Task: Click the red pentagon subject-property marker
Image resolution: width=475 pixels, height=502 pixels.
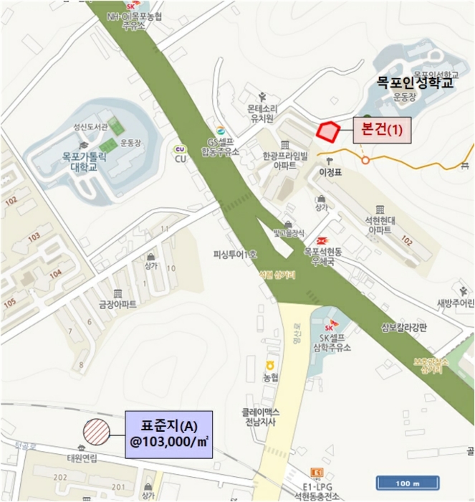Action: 328,132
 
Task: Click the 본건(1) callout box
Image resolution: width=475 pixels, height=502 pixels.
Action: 382,131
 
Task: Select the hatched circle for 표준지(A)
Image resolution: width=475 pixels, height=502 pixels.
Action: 95,432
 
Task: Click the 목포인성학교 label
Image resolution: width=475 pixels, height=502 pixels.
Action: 416,84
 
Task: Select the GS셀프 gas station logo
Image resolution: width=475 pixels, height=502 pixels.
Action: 221,131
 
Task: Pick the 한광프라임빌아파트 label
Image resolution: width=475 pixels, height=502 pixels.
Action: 284,159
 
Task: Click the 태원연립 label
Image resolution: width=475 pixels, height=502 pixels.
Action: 81,460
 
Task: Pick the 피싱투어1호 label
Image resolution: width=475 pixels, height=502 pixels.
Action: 235,255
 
